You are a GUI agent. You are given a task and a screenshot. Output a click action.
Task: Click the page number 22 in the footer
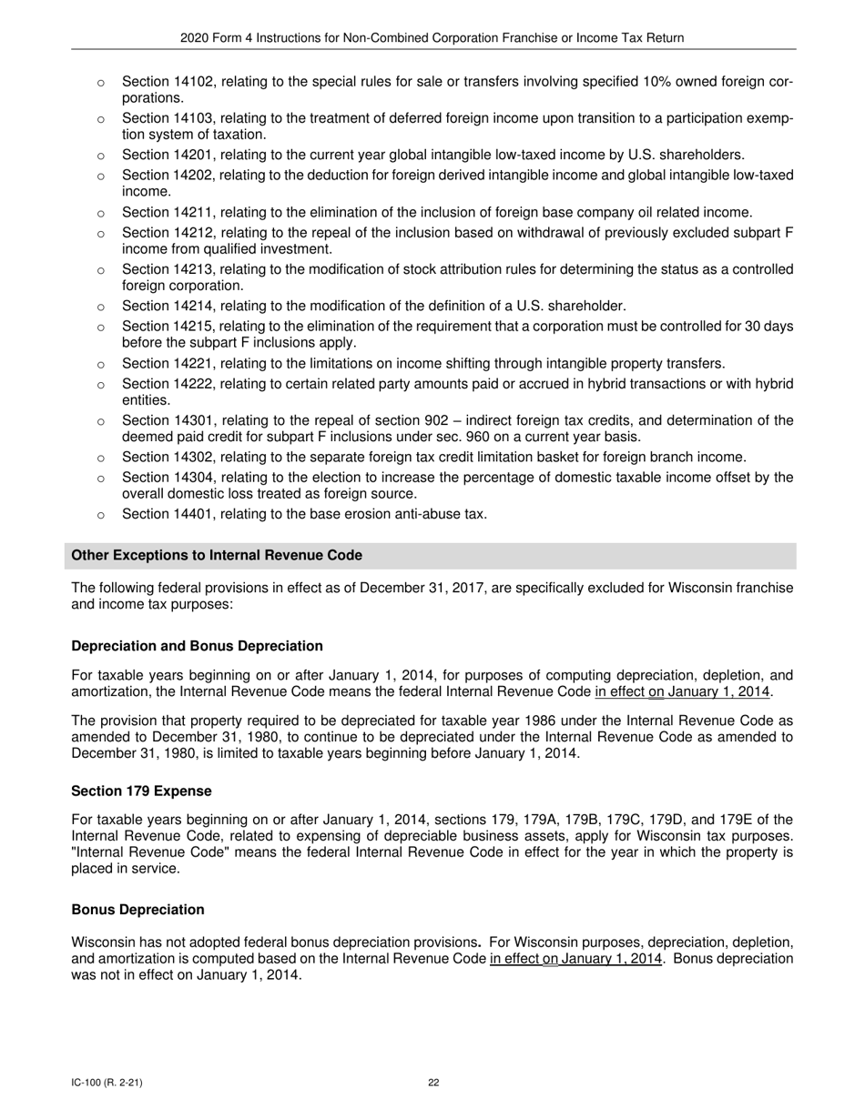click(x=433, y=1083)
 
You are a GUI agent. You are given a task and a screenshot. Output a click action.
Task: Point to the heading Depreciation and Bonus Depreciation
click(x=197, y=646)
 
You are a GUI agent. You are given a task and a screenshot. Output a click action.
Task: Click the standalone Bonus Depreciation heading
click(x=137, y=910)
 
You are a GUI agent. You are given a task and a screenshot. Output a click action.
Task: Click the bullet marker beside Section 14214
click(x=100, y=307)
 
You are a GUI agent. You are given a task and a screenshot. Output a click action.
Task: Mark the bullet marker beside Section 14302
click(x=100, y=458)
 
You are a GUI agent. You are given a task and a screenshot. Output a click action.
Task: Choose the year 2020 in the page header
click(x=195, y=38)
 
